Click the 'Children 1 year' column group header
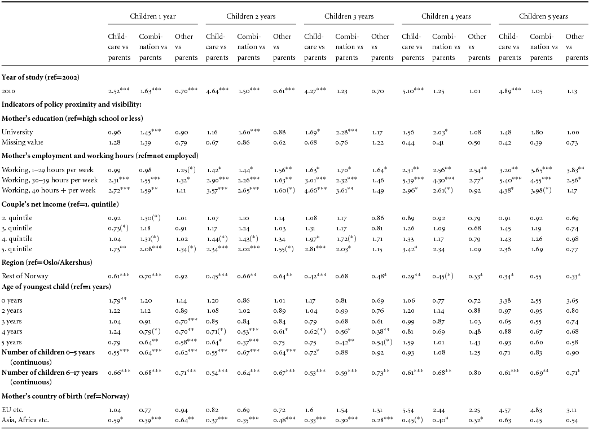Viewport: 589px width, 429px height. pos(152,16)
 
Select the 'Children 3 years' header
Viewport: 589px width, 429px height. pos(348,16)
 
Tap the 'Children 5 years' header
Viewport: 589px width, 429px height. pos(543,16)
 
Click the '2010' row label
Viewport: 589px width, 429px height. pos(8,90)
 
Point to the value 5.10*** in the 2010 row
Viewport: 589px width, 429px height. pos(414,90)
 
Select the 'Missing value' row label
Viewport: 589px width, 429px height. pos(23,142)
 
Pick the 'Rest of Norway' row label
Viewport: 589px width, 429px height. pos(25,276)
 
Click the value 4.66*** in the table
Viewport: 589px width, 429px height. pos(317,190)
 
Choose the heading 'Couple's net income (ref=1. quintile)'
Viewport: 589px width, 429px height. pos(63,204)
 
